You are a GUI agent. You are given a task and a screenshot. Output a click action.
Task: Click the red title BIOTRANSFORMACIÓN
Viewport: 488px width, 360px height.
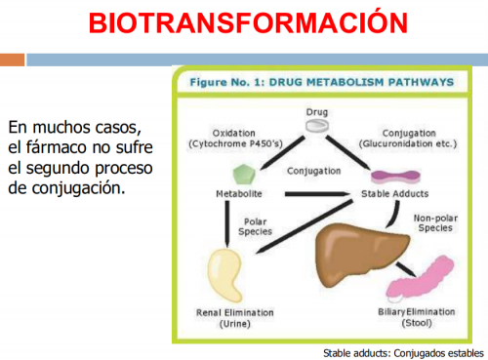coord(248,22)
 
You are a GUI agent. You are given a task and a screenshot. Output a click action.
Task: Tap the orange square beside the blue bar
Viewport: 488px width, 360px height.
coord(12,60)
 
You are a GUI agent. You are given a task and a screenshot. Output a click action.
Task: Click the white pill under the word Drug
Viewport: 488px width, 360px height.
coord(317,126)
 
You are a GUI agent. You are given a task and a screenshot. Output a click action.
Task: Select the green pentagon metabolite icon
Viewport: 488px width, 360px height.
coord(244,175)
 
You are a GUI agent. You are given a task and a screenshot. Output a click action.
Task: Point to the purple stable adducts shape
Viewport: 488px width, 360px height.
coord(395,177)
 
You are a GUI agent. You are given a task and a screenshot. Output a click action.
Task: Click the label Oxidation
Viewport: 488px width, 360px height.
coord(233,133)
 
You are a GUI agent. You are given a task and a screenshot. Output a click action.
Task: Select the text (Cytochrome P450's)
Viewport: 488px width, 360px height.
coord(235,143)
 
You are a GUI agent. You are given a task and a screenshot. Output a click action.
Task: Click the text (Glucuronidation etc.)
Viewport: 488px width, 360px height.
coord(408,143)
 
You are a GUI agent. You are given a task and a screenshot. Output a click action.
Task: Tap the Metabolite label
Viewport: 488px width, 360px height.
coord(239,194)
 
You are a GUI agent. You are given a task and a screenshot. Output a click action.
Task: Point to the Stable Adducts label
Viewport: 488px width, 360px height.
coord(395,194)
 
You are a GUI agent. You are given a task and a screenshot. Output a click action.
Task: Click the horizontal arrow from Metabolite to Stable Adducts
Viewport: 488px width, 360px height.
coord(317,194)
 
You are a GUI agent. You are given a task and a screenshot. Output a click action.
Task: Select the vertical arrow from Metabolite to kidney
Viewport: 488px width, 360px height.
coord(227,224)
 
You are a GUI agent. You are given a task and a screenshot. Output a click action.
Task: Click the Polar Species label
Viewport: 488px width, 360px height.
coord(255,226)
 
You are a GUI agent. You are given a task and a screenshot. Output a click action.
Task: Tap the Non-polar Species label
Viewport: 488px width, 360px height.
coord(435,223)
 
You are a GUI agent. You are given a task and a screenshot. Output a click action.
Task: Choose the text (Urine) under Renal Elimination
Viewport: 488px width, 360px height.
coord(235,324)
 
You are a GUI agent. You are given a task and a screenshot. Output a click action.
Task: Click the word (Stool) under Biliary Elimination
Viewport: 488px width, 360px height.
coord(417,323)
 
